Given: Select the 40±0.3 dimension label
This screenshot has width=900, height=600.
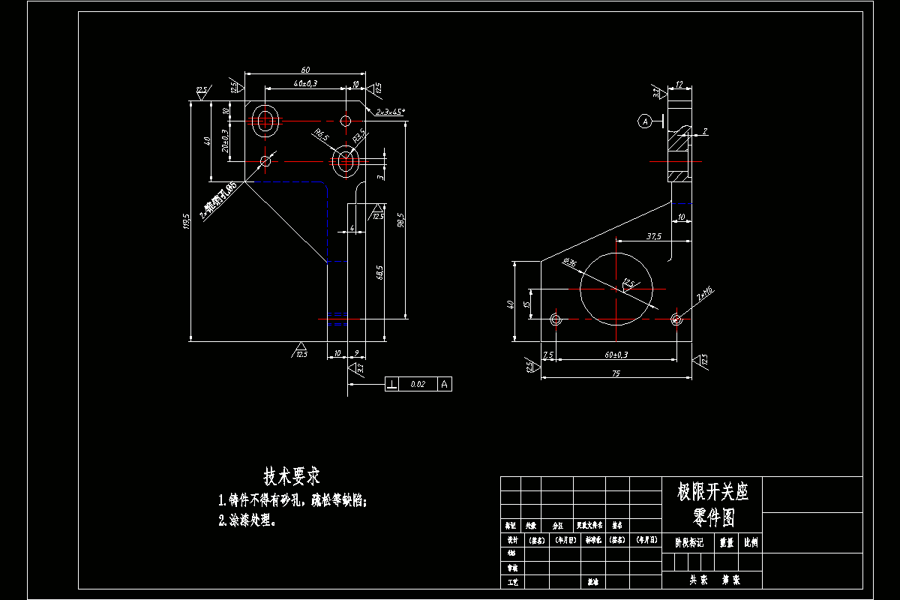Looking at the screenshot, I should click(x=305, y=83).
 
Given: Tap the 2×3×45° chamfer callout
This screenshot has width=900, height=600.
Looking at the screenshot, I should click(x=390, y=111).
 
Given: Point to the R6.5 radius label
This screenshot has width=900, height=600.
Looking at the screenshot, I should click(x=321, y=136).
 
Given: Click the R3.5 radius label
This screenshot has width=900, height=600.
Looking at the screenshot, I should click(x=358, y=136).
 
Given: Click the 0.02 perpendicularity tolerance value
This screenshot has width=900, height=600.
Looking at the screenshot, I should click(x=418, y=384).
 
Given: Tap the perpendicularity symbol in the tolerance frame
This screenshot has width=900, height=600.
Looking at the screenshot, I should click(x=392, y=384).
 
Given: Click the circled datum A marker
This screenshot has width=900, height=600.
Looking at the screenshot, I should click(x=643, y=121).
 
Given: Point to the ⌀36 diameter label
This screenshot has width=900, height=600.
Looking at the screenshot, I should click(x=569, y=263).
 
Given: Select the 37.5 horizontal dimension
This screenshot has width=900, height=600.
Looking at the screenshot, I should click(x=654, y=236).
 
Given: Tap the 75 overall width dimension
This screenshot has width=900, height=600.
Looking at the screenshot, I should click(x=615, y=372).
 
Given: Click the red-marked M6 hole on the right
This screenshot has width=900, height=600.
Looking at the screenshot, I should click(x=676, y=319).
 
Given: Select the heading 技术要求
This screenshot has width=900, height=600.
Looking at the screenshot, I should click(x=292, y=475).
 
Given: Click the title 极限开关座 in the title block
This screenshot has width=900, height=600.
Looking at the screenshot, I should click(x=712, y=492).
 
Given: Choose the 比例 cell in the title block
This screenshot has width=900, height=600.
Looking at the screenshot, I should click(x=751, y=541).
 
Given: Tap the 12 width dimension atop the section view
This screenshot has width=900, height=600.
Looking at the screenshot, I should click(x=679, y=85).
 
